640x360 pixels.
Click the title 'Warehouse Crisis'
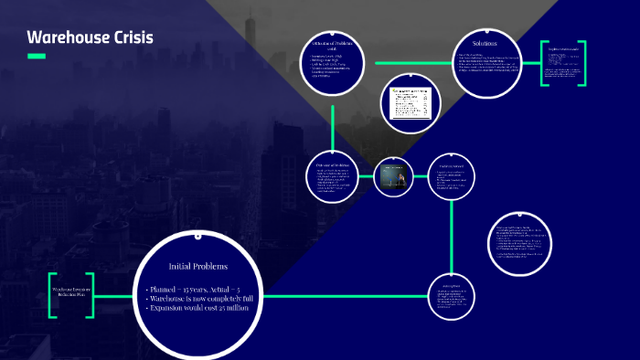(x=90, y=37)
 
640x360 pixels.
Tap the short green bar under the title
(x=37, y=57)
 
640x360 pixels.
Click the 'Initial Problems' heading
(x=198, y=266)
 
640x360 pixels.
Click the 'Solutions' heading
(x=485, y=43)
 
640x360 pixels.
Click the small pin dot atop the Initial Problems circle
(x=198, y=232)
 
